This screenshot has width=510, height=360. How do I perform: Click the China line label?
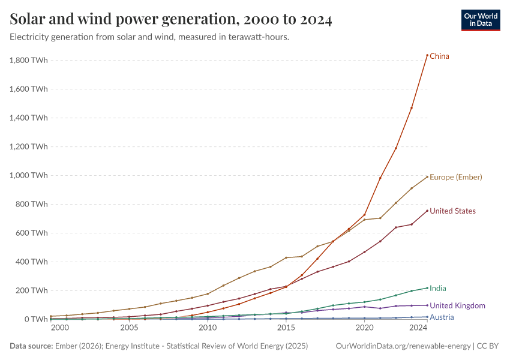439,56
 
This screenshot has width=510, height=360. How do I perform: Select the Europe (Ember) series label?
456,177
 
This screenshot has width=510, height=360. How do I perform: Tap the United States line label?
452,211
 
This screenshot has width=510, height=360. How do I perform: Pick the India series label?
437,289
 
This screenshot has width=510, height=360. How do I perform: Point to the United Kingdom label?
457,306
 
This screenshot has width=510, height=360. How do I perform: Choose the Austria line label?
441,317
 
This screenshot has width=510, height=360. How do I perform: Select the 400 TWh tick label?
32,262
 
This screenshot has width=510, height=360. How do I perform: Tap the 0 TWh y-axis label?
35,319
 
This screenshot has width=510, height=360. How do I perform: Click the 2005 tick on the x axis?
129,328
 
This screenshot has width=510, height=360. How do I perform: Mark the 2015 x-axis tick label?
286,328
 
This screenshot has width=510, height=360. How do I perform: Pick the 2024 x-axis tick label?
418,328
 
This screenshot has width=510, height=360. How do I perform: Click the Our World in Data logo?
481,20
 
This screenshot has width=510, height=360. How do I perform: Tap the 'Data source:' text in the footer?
31,346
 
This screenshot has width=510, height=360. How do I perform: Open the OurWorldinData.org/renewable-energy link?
403,346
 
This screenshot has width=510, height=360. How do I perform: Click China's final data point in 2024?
427,55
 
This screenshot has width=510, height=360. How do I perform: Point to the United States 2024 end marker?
427,211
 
